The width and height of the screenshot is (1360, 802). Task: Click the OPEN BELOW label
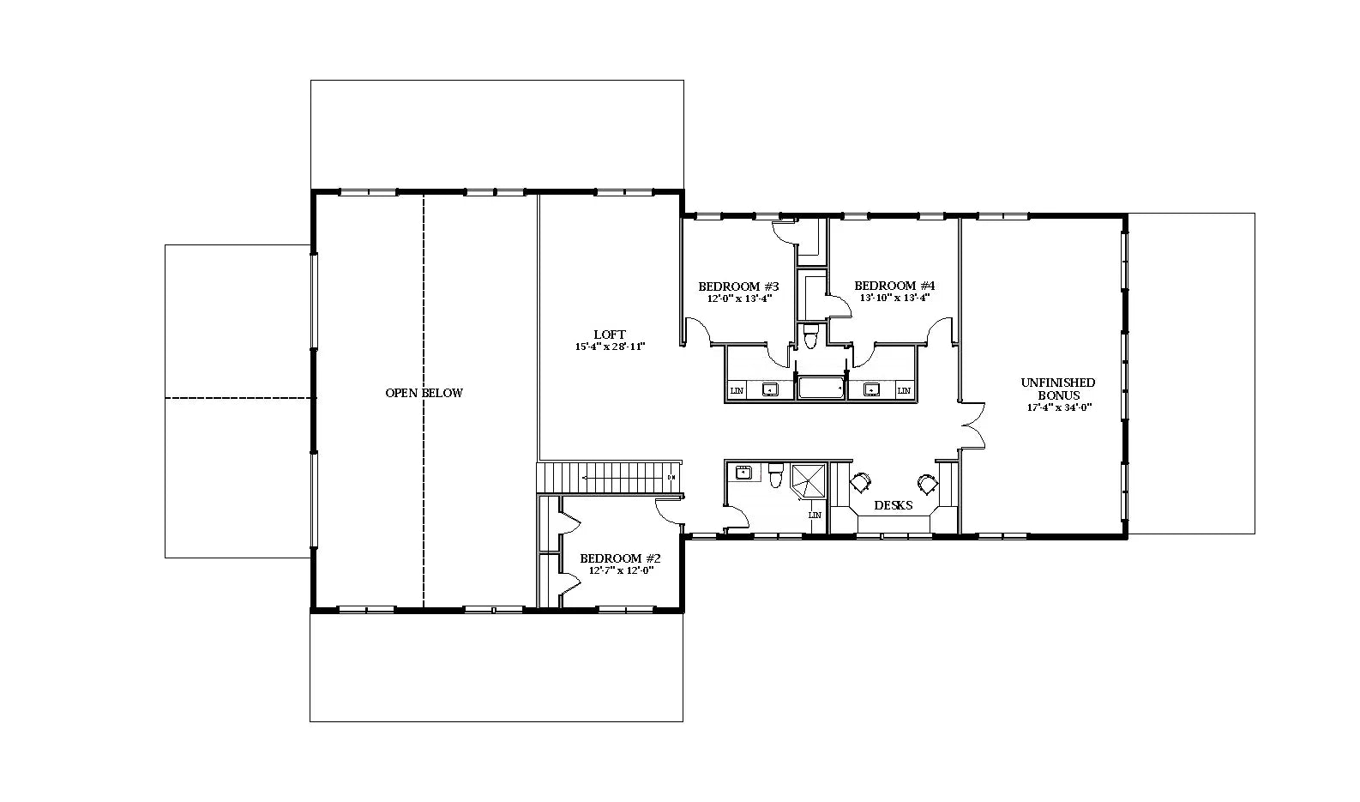[424, 393]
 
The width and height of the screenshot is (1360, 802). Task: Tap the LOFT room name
[610, 335]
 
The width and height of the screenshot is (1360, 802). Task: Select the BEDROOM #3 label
[738, 286]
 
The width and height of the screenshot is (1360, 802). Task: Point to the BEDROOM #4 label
[894, 286]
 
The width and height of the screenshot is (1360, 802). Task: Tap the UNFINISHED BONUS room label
[1058, 389]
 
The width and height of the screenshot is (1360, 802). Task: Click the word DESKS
[893, 506]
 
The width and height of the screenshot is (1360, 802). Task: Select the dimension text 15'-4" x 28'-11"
[610, 347]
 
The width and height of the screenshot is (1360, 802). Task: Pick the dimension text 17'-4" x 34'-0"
[1059, 408]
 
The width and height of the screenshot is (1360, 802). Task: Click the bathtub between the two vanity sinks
[821, 389]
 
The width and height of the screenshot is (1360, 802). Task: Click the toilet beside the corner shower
[776, 474]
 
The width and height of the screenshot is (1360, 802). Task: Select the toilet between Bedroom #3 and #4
[811, 337]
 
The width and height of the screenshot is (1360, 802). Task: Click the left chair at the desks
[860, 483]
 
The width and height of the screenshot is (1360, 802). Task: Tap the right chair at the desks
[927, 484]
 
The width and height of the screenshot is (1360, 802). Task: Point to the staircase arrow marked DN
[626, 477]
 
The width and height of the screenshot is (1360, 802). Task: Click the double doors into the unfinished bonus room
[972, 425]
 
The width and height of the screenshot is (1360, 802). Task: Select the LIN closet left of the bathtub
[737, 391]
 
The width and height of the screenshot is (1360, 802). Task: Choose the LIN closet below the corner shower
[815, 516]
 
